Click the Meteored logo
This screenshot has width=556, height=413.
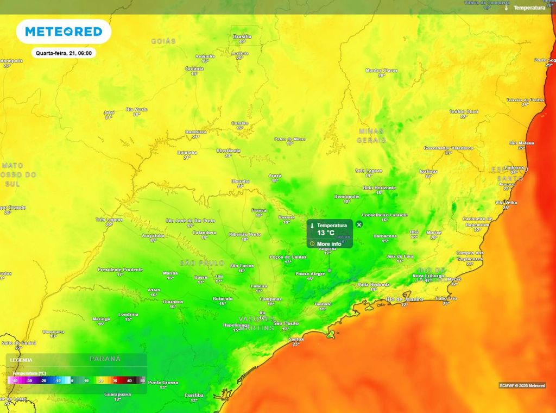click(x=64, y=32)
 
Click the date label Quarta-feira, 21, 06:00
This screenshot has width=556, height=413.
click(x=64, y=53)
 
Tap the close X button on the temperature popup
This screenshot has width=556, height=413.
click(x=359, y=224)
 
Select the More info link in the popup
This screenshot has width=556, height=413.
click(x=328, y=244)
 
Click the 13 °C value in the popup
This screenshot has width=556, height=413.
click(x=325, y=233)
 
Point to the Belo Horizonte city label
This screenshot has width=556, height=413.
click(x=380, y=187)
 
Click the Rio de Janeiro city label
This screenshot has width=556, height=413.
click(x=404, y=299)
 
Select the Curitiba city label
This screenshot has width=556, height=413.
click(x=194, y=395)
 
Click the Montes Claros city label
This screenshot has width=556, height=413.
click(x=381, y=70)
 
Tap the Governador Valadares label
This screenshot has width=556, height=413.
click(x=448, y=148)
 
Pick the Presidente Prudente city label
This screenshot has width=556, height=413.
click(x=121, y=270)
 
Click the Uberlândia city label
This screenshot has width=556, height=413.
click(x=228, y=151)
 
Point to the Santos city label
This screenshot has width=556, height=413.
click(x=296, y=339)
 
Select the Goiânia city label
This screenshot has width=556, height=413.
click(x=194, y=68)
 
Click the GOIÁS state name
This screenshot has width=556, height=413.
click(x=163, y=41)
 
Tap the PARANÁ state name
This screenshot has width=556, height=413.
click(x=105, y=359)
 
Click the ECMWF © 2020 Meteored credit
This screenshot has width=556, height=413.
click(x=522, y=385)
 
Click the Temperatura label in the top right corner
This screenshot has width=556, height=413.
click(x=529, y=8)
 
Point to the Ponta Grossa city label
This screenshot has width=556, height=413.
click(x=163, y=383)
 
